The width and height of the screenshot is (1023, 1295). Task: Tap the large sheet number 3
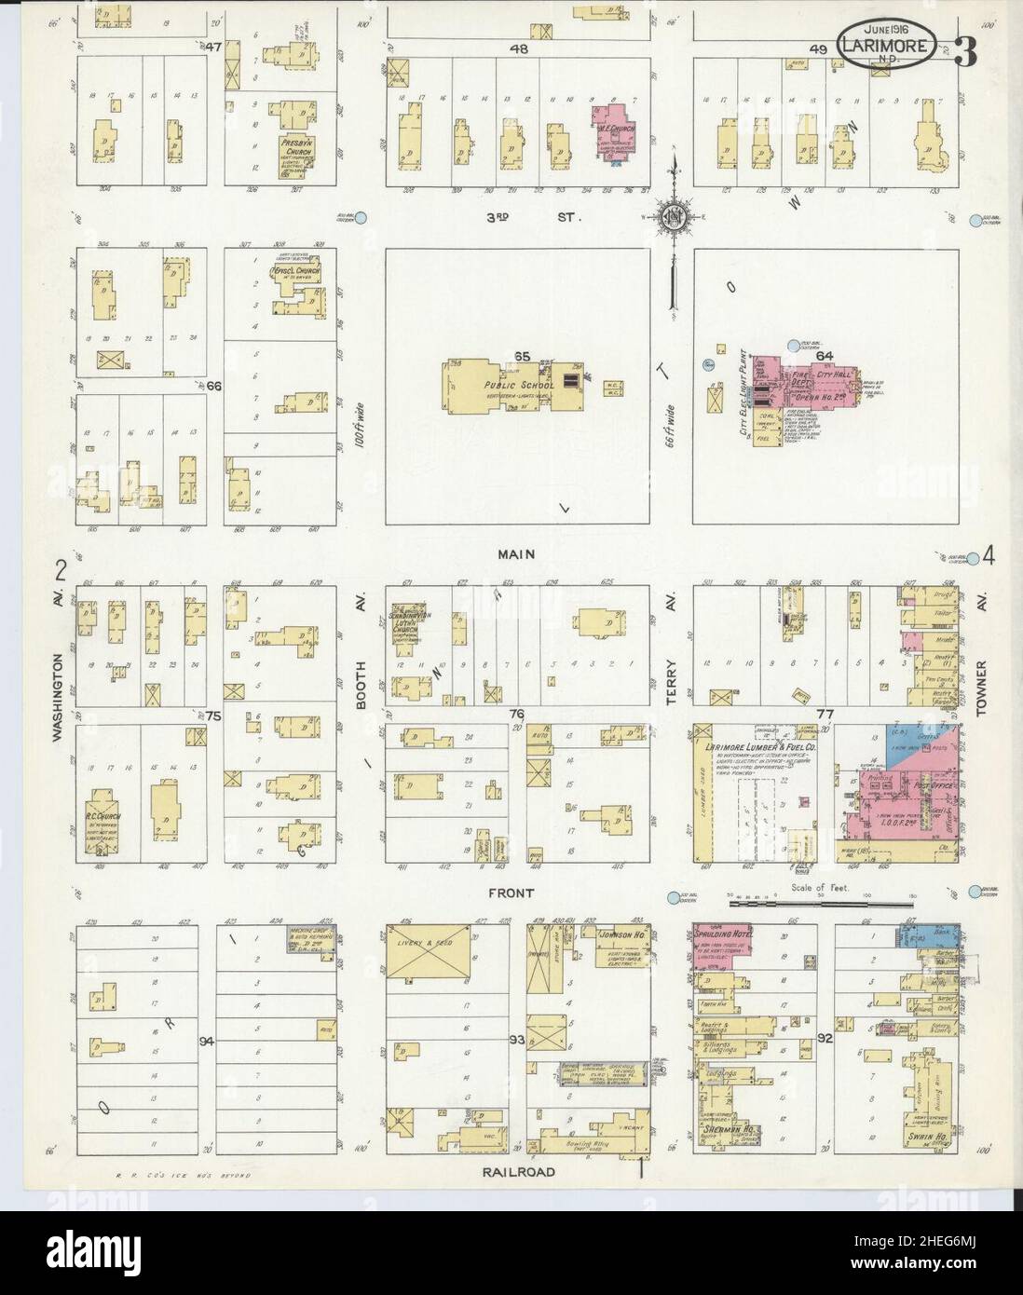pos(965,52)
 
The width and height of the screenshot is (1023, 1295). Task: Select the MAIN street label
pos(515,553)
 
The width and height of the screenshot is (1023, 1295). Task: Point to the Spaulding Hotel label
pos(723,934)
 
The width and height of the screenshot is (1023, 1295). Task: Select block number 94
pos(206,1041)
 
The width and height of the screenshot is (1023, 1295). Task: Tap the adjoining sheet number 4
pos(988,557)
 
